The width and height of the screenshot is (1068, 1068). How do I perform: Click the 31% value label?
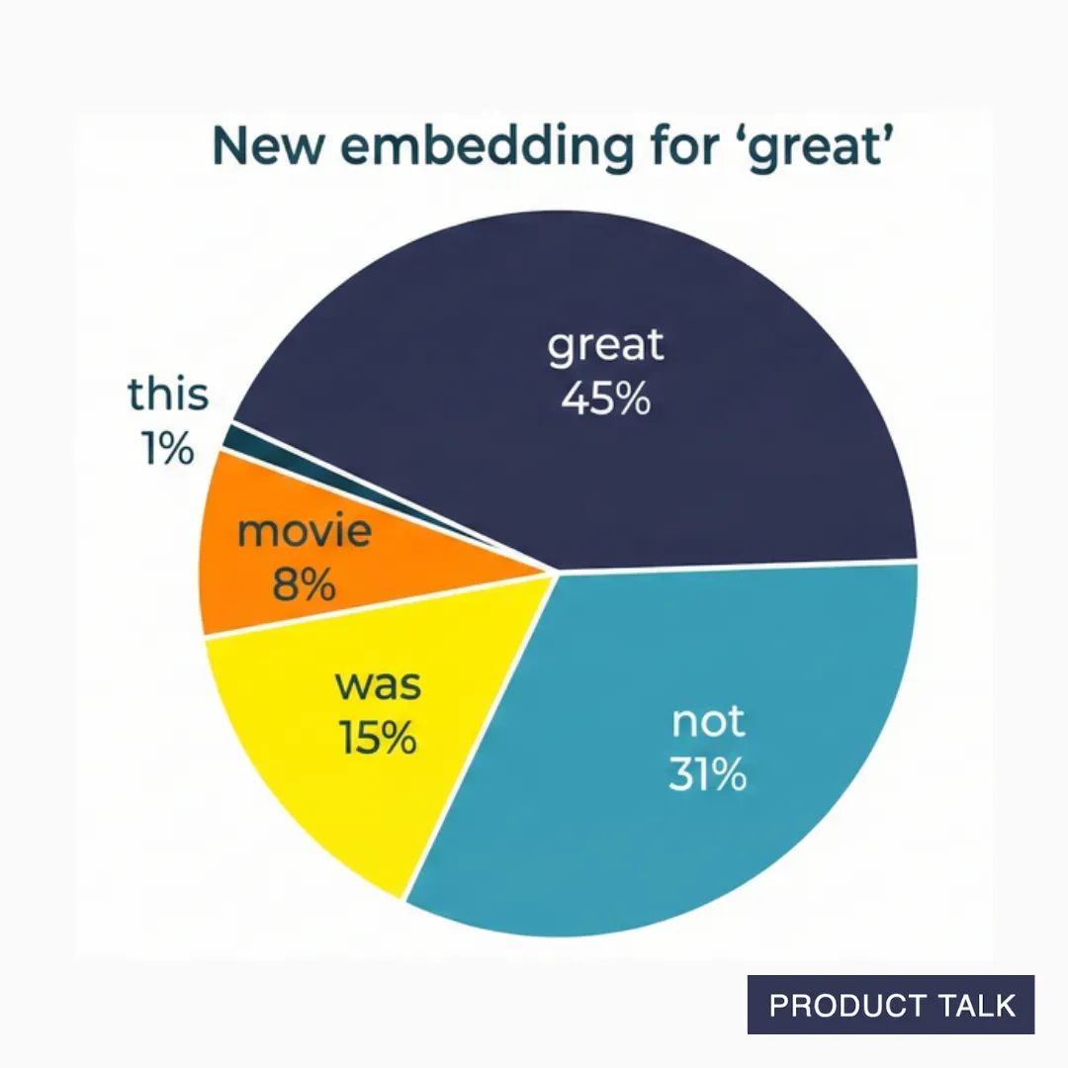click(708, 775)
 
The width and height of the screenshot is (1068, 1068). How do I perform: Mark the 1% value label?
click(167, 450)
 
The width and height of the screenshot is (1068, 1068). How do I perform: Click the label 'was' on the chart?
click(378, 685)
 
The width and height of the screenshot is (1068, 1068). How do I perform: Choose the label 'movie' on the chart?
click(305, 532)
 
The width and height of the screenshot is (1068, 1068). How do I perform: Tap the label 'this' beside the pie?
click(168, 396)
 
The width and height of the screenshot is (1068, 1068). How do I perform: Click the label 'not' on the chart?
click(708, 723)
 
